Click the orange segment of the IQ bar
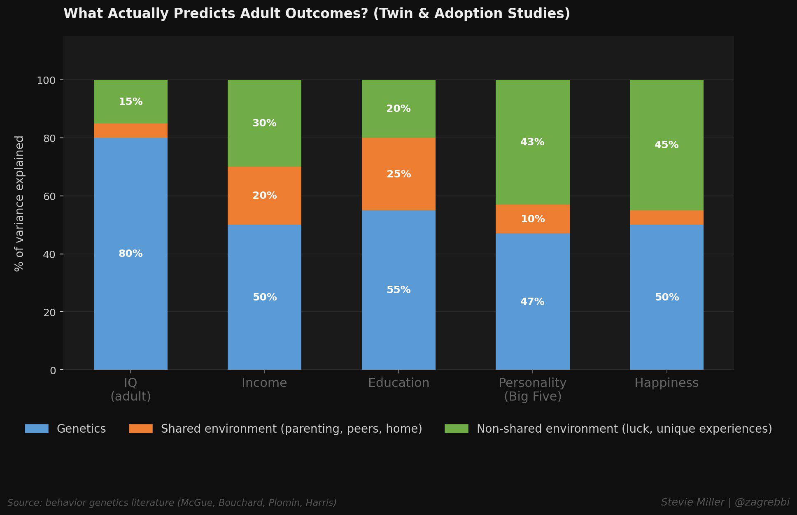coord(131,130)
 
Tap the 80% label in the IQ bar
coord(131,254)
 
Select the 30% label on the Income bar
coord(264,123)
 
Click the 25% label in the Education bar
coord(398,174)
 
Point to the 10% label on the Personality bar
coord(533,219)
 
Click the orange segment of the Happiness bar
coord(666,217)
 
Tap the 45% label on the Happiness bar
coord(666,145)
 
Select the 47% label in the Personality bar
coord(532,302)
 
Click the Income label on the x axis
coord(264,383)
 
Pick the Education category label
coord(398,383)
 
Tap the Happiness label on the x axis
coord(666,383)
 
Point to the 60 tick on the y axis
coord(49,196)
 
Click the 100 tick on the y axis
coord(46,80)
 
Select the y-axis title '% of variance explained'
coord(19,203)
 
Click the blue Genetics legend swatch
coord(37,429)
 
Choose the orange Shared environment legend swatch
coord(141,429)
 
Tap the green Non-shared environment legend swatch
coord(457,429)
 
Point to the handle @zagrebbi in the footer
coord(762,502)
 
